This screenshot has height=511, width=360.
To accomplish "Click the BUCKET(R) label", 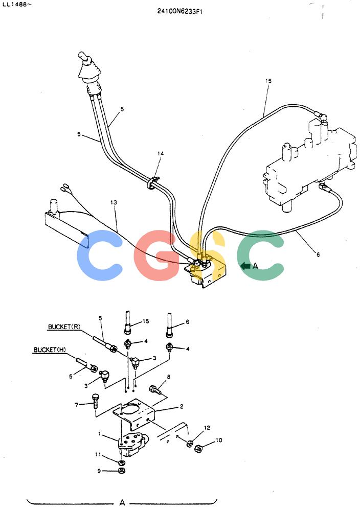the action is pyautogui.click(x=64, y=327).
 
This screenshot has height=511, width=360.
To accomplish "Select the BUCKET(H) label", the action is pyautogui.click(x=50, y=350).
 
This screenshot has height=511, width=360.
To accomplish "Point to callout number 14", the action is pyautogui.click(x=161, y=153).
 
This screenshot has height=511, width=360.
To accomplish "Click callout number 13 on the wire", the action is pyautogui.click(x=114, y=202).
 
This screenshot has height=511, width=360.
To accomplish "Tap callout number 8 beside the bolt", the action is pyautogui.click(x=169, y=377).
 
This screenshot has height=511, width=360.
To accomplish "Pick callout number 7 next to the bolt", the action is pyautogui.click(x=77, y=405).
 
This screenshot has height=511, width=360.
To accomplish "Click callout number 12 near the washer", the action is pyautogui.click(x=207, y=428).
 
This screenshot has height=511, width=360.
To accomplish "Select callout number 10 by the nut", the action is pyautogui.click(x=219, y=440).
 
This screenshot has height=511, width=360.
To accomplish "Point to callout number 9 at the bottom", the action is pyautogui.click(x=99, y=471).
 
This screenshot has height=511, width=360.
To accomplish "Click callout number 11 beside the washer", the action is pyautogui.click(x=98, y=454).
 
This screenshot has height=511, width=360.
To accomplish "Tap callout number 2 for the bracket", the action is pyautogui.click(x=182, y=406).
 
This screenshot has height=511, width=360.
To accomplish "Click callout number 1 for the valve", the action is pyautogui.click(x=99, y=434).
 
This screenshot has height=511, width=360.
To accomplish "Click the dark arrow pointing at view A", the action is pyautogui.click(x=245, y=266).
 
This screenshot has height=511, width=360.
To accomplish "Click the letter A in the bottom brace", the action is pyautogui.click(x=122, y=502).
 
